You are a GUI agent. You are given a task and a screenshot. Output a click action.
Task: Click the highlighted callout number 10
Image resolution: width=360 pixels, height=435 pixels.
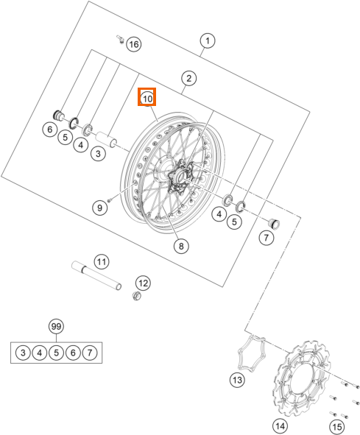pos(147,98)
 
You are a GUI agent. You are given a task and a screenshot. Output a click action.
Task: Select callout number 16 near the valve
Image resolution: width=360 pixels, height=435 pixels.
pos(134,44)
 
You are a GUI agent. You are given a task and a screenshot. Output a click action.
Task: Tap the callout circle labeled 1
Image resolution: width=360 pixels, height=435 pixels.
pos(208,40)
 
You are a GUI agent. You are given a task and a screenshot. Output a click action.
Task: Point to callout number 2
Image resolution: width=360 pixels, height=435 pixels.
pos(188,78)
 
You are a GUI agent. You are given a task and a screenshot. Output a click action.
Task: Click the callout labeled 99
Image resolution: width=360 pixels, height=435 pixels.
pos(56,327)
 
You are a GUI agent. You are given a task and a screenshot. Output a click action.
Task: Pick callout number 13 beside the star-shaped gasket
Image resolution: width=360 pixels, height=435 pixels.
pos(237,380)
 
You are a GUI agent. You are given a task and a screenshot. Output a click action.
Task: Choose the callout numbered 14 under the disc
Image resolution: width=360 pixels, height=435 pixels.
pos(280,426)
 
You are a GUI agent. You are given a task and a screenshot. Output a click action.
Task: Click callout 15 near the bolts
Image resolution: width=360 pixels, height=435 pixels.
pos(337,426)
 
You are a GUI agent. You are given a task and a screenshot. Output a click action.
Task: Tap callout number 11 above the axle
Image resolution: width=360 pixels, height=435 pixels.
pos(102,261)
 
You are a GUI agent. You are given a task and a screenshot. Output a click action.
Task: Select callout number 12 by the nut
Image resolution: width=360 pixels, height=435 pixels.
pos(144,283)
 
